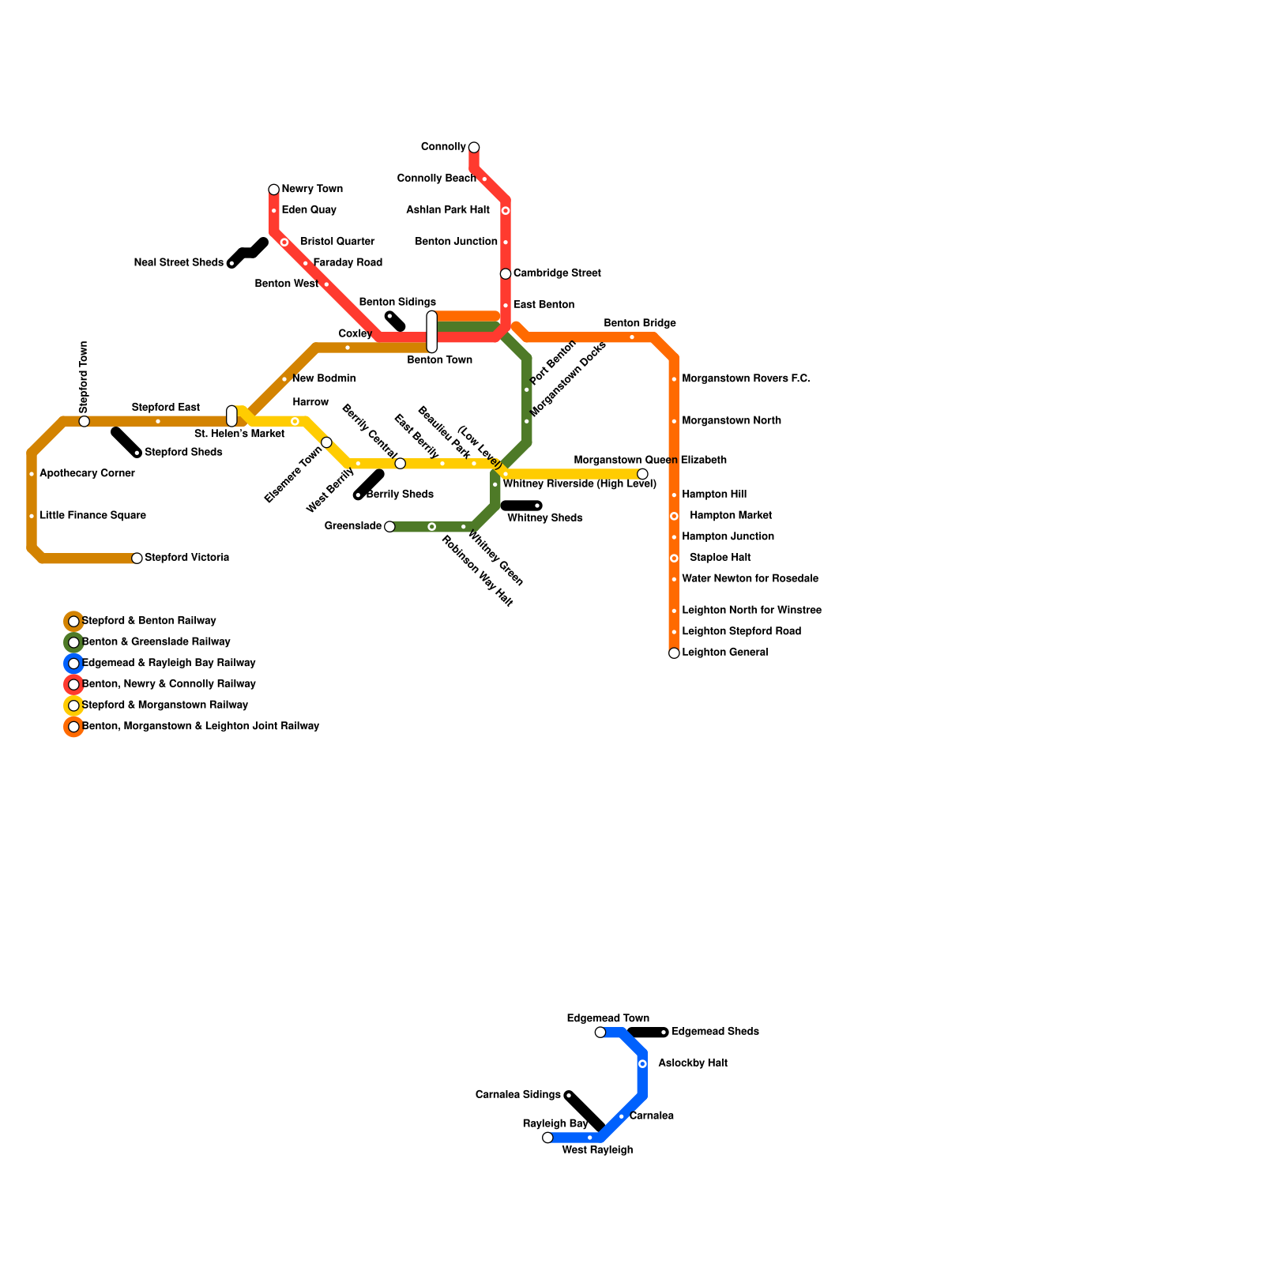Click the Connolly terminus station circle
(x=474, y=148)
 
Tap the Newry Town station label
(x=312, y=190)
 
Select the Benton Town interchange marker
(x=432, y=332)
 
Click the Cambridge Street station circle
(x=506, y=274)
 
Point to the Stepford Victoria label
(x=186, y=558)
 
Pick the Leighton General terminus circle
(x=674, y=653)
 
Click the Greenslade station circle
(x=389, y=527)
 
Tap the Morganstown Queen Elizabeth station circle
(x=642, y=474)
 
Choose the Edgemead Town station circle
(x=600, y=1033)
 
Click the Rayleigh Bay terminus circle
(x=547, y=1138)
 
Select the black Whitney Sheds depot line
(x=521, y=506)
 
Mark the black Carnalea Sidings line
(x=585, y=1112)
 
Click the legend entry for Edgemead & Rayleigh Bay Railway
(x=168, y=663)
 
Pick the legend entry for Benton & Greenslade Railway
(x=156, y=642)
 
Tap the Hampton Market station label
(x=730, y=516)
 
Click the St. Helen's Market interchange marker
(x=231, y=416)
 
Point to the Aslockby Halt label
(x=692, y=1063)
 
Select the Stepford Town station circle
(x=85, y=421)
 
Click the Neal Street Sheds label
(x=179, y=263)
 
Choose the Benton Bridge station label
(x=640, y=324)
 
